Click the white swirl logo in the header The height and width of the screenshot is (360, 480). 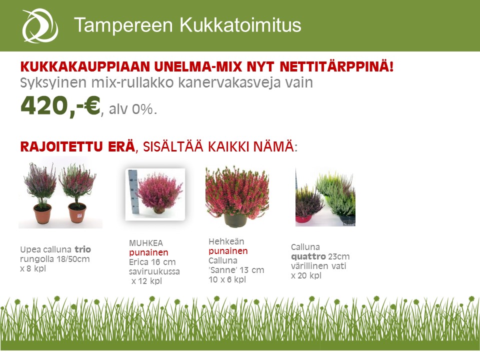[40, 25]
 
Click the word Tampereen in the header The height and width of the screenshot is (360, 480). [123, 25]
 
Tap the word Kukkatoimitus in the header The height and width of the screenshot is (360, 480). [240, 24]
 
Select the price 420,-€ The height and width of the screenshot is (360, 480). [60, 106]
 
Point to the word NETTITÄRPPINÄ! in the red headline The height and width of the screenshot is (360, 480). [336, 66]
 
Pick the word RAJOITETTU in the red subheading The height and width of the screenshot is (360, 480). [77, 146]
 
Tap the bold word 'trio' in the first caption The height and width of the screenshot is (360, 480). [82, 249]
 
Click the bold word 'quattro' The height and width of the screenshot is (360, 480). [308, 256]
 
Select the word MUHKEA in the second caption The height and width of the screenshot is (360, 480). [146, 243]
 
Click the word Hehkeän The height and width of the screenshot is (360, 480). [226, 241]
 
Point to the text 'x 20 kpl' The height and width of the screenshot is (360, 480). [306, 275]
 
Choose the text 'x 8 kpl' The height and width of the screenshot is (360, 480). [33, 268]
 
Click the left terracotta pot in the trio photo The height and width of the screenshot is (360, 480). [42, 213]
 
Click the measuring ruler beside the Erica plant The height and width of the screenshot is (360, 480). [133, 191]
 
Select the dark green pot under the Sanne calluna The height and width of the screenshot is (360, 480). [235, 220]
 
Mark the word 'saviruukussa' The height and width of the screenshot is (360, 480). [154, 271]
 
